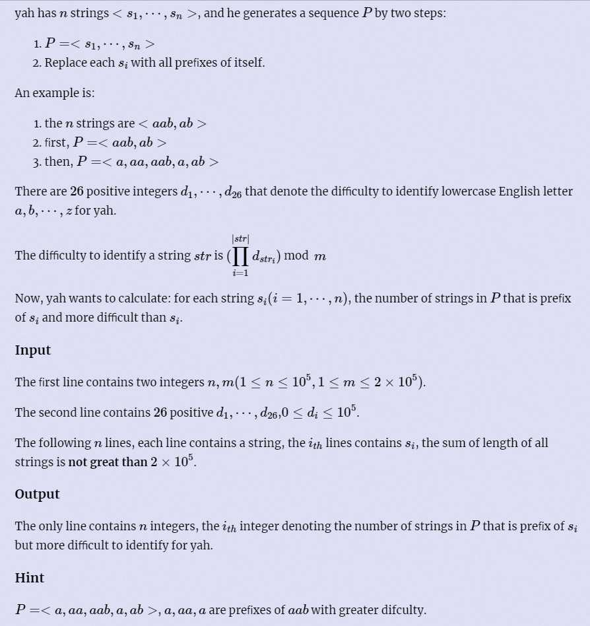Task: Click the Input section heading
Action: pos(33,350)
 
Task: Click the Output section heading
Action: pos(37,494)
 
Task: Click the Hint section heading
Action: pos(30,578)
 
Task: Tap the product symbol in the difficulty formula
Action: pos(240,256)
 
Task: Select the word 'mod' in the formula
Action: pos(296,256)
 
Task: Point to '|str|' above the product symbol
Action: pos(240,238)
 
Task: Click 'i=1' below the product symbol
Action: pos(240,273)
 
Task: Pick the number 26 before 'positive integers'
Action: pos(77,191)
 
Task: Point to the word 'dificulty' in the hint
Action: pos(403,609)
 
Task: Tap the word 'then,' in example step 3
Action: pos(58,162)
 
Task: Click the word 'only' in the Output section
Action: pos(49,526)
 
